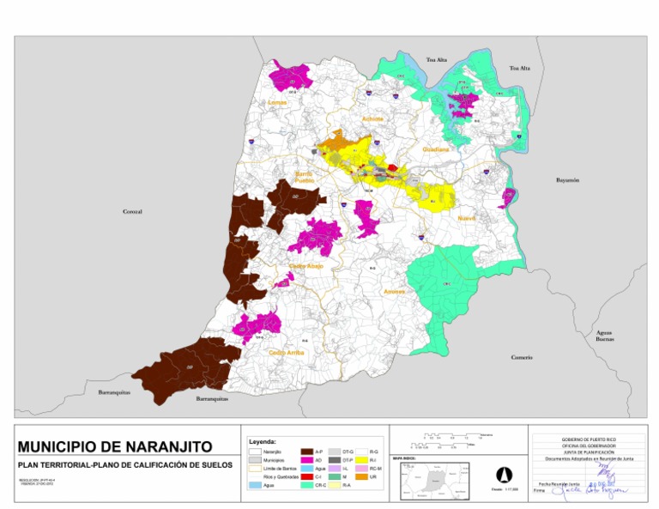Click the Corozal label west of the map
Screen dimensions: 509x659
tap(132, 210)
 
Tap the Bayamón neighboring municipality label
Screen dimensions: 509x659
tap(567, 180)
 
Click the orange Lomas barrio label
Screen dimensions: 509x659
tap(277, 102)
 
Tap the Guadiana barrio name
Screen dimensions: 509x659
tap(435, 149)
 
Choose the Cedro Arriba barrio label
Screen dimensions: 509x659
tap(286, 352)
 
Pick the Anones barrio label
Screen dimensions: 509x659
tap(394, 292)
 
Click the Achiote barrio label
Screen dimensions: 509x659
tap(373, 118)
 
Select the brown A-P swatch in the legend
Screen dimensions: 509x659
tap(307, 451)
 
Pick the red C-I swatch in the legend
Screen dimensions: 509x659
tap(307, 476)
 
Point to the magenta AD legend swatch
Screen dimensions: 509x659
tap(307, 460)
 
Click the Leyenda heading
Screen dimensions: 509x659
tap(261, 441)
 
